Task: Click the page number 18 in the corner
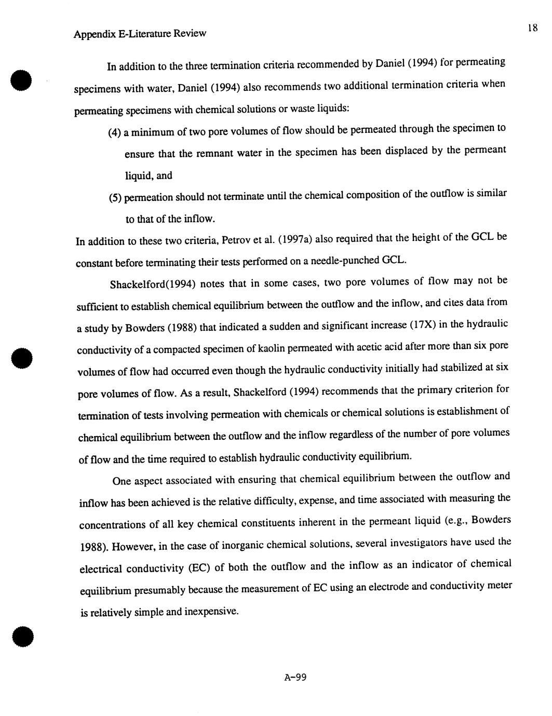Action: tap(532, 28)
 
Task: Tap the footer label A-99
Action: tap(296, 677)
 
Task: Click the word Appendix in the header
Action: tap(91, 34)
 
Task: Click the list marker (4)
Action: tap(114, 132)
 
